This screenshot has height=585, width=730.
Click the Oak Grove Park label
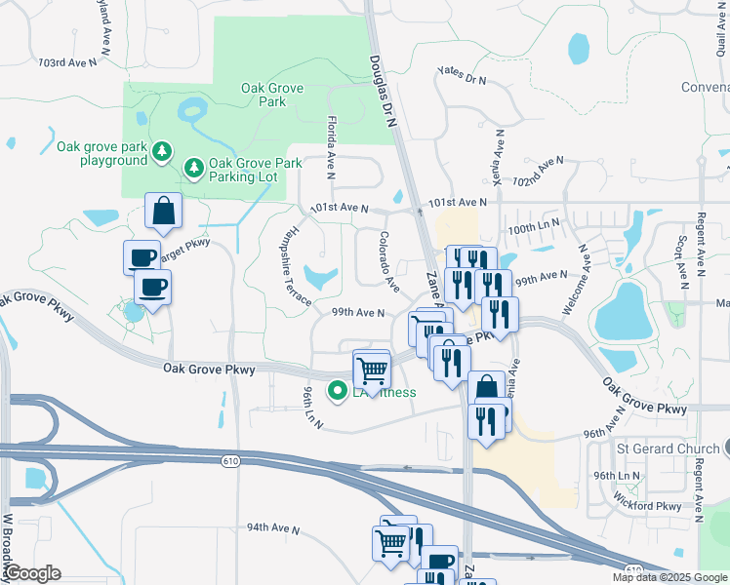(272, 96)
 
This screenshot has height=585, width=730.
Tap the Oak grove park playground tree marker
(162, 152)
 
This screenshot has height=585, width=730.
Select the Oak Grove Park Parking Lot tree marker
(194, 170)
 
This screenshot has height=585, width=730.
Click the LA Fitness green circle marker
(339, 392)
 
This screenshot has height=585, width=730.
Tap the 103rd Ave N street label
(68, 62)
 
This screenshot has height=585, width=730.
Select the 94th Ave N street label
(272, 527)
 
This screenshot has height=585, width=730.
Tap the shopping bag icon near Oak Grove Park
(163, 210)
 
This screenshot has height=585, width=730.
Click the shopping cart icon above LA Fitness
(371, 369)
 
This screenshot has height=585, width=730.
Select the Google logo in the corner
(31, 573)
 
